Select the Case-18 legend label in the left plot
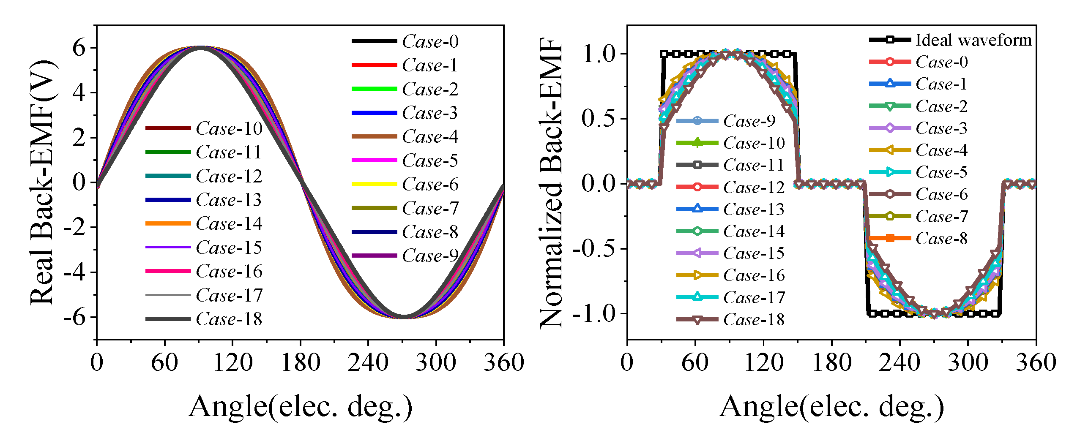pyautogui.click(x=229, y=319)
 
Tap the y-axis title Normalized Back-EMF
pyautogui.click(x=551, y=182)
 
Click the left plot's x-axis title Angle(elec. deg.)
pyautogui.click(x=300, y=406)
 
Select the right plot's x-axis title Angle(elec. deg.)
pyautogui.click(x=831, y=406)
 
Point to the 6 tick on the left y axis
pyautogui.click(x=79, y=47)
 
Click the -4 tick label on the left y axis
pyautogui.click(x=74, y=272)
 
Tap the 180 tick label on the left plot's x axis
pyautogui.click(x=300, y=362)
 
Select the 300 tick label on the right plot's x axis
pyautogui.click(x=968, y=362)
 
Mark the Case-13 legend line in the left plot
pyautogui.click(x=168, y=199)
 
